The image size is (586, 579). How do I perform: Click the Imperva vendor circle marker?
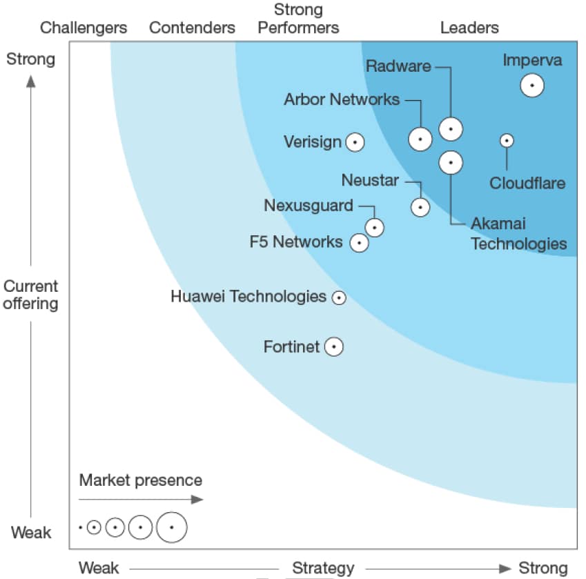[x=532, y=86]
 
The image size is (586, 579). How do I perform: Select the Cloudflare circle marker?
[x=507, y=140]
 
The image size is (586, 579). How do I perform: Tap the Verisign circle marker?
[x=355, y=142]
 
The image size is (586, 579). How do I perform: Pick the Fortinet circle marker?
[x=334, y=346]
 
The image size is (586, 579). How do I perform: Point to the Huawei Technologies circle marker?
[x=338, y=297]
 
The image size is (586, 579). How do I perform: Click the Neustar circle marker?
[x=420, y=206]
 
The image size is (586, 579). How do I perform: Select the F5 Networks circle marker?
[x=359, y=242]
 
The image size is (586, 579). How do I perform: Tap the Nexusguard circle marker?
[x=375, y=227]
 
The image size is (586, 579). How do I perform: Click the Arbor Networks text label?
[x=342, y=99]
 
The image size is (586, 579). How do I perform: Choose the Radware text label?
[x=398, y=66]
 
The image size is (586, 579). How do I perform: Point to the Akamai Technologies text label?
[x=518, y=233]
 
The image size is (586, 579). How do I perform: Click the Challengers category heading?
[x=84, y=28]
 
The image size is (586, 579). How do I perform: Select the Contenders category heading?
[x=192, y=28]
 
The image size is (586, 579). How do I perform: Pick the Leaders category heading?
[x=469, y=28]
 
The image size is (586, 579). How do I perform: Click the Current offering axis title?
[x=30, y=295]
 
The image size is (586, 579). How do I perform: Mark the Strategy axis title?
[x=323, y=568]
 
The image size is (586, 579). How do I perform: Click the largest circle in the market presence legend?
[x=171, y=528]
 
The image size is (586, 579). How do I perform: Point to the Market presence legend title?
[x=141, y=480]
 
